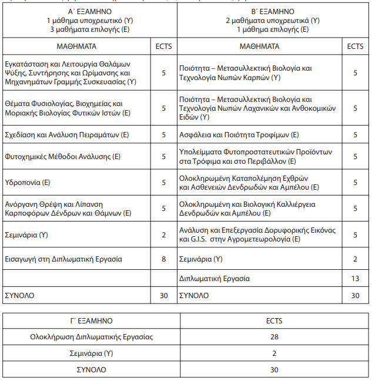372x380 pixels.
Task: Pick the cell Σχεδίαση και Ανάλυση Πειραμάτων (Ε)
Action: [66, 135]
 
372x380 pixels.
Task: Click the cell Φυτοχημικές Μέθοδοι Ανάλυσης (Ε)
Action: [62, 157]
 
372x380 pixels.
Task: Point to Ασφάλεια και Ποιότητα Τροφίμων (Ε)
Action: [239, 135]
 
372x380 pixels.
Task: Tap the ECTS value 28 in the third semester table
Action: [274, 337]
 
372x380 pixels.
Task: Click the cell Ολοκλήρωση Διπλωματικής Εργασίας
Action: [91, 337]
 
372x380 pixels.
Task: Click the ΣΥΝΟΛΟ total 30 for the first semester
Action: [164, 295]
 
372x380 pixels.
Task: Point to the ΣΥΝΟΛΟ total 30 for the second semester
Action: [355, 295]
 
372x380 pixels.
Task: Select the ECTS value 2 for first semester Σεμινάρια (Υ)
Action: [164, 235]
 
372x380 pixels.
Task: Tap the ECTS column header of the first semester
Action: [164, 45]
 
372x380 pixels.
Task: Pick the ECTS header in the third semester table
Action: [274, 321]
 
